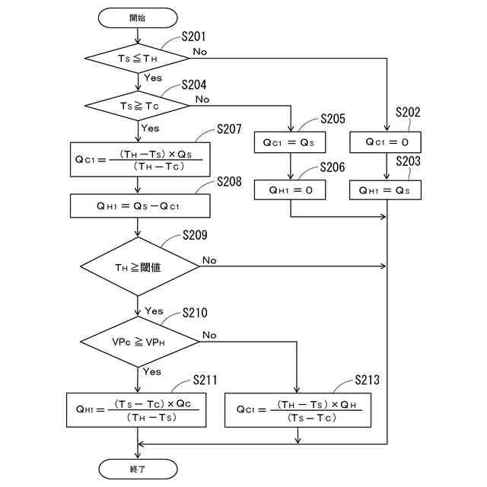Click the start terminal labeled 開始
pos(138,17)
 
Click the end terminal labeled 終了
pos(138,468)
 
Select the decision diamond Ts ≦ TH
pos(138,57)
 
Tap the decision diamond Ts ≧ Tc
pos(138,105)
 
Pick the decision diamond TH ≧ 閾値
pos(138,266)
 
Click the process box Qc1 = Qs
pos(291,142)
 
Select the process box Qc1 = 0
pos(386,142)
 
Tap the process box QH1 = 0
pos(291,189)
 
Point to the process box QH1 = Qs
pos(386,189)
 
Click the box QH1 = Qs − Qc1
pos(138,205)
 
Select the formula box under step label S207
pos(138,160)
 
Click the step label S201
pos(194,37)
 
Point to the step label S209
pos(195,236)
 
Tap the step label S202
pos(408,113)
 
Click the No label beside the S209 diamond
pos(209,260)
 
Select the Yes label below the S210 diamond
pos(152,371)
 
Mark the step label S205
pos(333,119)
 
